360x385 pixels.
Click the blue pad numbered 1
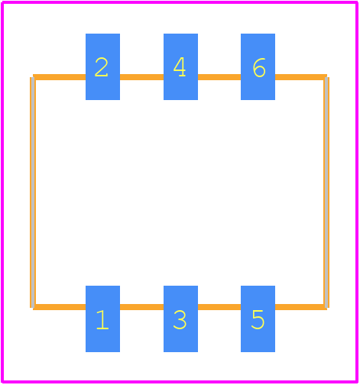pos(102,319)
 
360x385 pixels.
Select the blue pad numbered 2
pos(102,66)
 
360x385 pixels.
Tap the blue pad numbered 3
pos(180,319)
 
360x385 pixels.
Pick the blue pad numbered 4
pos(180,66)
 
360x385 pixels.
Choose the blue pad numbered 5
pos(258,319)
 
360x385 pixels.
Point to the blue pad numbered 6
pos(258,66)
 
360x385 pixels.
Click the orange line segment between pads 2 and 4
pos(141,77)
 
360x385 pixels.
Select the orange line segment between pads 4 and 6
pos(219,77)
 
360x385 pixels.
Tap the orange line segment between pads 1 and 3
pos(141,307)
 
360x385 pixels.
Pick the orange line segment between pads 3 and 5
pos(219,307)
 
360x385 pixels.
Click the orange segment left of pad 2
pos(60,77)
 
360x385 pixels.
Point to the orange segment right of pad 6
pos(301,77)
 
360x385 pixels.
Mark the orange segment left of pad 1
pos(60,307)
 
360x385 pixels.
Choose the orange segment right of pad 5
pos(301,307)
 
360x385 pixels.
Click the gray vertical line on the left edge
pos(33,192)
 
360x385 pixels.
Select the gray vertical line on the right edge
pos(326,192)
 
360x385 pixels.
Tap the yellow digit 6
pos(259,67)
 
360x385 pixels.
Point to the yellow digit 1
pos(102,320)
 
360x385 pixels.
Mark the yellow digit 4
pos(180,66)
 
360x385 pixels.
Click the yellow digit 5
pos(258,320)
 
